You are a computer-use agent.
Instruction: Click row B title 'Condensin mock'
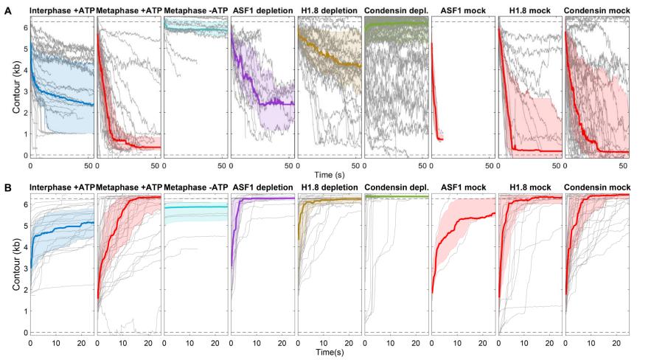pyautogui.click(x=596, y=187)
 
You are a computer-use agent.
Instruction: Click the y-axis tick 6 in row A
pyautogui.click(x=24, y=27)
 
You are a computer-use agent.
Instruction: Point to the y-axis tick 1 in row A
pyautogui.click(x=24, y=134)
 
